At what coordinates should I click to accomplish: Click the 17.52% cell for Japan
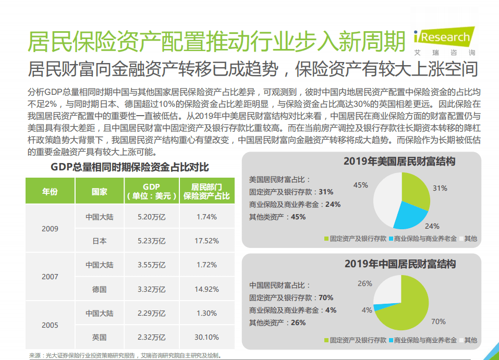[x=207, y=241]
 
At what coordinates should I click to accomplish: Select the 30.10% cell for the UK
[x=207, y=337]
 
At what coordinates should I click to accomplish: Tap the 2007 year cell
[x=50, y=277]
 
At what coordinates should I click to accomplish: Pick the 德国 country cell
[x=100, y=289]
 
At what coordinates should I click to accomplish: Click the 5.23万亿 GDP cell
[x=151, y=241]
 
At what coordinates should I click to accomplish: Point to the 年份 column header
[x=50, y=191]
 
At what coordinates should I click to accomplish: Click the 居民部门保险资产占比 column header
[x=207, y=191]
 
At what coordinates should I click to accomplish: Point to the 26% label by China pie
[x=365, y=283]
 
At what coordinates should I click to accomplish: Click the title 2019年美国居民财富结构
[x=399, y=161]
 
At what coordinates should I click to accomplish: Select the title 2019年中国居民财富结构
[x=400, y=264]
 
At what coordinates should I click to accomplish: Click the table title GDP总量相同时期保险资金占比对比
[x=130, y=167]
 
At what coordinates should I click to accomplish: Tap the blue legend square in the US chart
[x=391, y=239]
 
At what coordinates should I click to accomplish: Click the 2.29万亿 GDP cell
[x=151, y=313]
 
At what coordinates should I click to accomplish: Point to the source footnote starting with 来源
[x=125, y=356]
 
